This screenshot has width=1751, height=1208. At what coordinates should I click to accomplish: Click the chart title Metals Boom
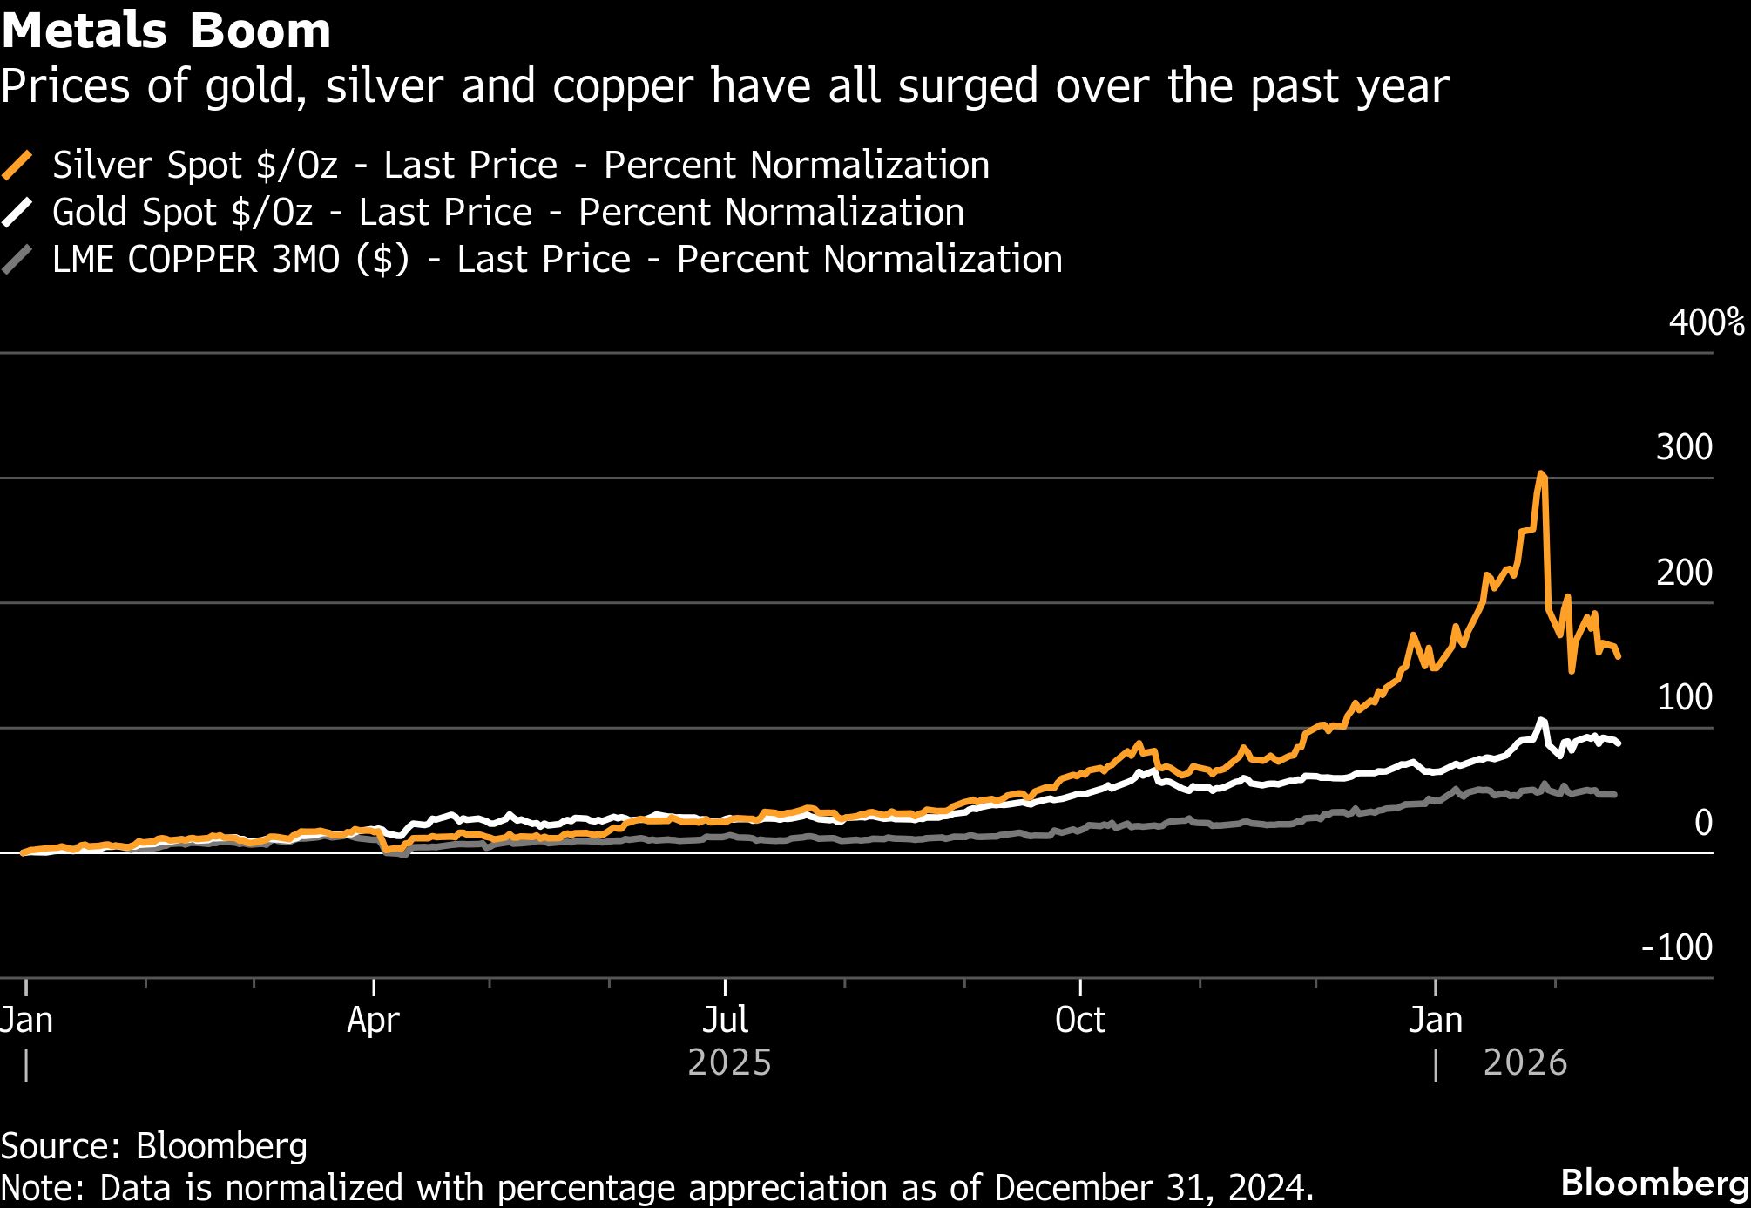click(x=166, y=31)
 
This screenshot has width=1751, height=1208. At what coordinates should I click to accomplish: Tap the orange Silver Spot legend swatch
click(x=17, y=165)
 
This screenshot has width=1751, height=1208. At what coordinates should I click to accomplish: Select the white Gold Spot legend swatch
click(x=17, y=212)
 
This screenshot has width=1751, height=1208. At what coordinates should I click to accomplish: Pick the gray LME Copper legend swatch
click(x=17, y=259)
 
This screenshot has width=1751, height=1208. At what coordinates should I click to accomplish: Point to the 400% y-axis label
click(x=1706, y=322)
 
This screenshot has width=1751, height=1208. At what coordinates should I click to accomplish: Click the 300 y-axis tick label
click(x=1683, y=447)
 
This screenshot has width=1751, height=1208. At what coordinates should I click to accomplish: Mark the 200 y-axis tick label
click(x=1683, y=573)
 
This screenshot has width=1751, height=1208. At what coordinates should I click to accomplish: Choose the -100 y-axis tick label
click(x=1676, y=947)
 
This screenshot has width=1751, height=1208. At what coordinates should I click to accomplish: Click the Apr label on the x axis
click(x=373, y=1020)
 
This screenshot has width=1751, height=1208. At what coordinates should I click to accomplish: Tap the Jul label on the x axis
click(x=725, y=1020)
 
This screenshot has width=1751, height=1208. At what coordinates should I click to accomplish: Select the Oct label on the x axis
click(x=1079, y=1020)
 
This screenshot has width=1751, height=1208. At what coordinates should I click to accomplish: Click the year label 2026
click(x=1525, y=1063)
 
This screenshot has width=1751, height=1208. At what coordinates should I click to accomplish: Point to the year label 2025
click(x=729, y=1063)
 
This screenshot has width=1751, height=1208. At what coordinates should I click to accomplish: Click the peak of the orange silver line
click(x=1541, y=474)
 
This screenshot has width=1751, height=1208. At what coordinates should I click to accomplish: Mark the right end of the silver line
click(x=1619, y=656)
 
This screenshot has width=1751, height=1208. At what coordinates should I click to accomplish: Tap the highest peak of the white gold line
click(x=1541, y=721)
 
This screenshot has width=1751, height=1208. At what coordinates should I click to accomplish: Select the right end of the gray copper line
click(x=1615, y=795)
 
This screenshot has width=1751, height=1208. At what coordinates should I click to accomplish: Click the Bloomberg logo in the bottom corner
click(x=1653, y=1183)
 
